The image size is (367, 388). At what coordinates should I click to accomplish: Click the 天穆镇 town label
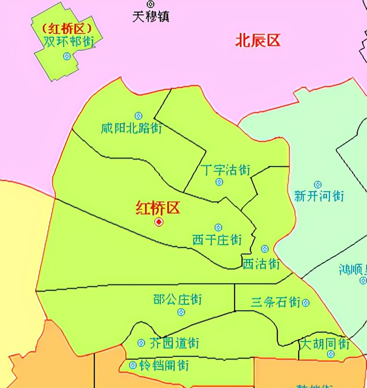(151, 17)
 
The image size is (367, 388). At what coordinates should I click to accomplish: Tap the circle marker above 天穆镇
(150, 4)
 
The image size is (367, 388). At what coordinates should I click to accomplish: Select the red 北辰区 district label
(258, 40)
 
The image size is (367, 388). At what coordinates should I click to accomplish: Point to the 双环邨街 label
(69, 41)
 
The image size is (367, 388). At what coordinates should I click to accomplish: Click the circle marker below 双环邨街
(67, 56)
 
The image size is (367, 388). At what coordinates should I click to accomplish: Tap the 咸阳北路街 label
(131, 128)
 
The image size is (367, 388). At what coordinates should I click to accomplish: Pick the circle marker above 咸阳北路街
(138, 115)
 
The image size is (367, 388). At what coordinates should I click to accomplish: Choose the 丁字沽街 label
(226, 169)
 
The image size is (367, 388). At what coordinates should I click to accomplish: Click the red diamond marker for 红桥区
(159, 222)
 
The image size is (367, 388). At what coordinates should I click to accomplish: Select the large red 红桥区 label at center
(157, 208)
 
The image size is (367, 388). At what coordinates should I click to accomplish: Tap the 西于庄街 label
(217, 240)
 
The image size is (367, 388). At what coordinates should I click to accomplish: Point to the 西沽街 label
(261, 263)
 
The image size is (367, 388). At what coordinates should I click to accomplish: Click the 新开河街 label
(319, 196)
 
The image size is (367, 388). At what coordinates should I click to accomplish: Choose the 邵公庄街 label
(177, 299)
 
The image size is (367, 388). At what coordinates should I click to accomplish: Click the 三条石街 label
(275, 302)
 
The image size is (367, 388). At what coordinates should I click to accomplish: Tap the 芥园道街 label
(174, 343)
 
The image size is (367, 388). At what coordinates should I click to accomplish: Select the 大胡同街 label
(324, 344)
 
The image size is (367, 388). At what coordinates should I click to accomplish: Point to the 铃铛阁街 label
(164, 365)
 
